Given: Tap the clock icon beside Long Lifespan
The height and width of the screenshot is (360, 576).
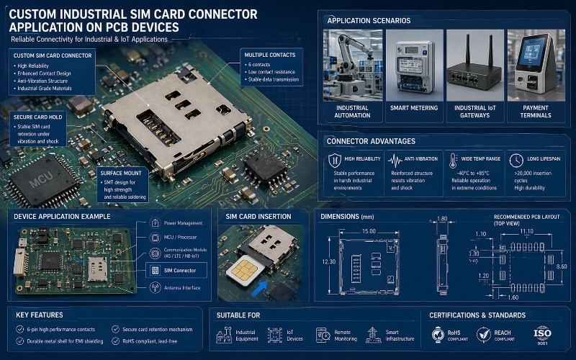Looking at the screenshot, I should point(515,160).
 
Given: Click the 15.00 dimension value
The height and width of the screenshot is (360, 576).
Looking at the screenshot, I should point(369,230).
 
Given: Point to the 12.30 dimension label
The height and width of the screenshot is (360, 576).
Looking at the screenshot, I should point(328,261).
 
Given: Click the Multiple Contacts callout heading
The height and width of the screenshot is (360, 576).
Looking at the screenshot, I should point(268,55).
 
